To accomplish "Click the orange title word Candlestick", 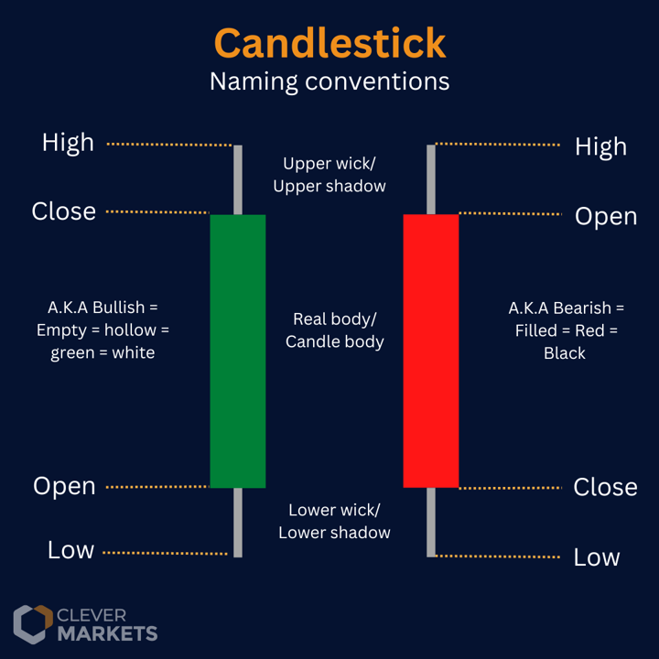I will coord(329,42).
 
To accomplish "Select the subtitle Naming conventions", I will coord(329,81).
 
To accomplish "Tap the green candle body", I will coord(238,351).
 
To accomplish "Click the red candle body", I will coord(431,351).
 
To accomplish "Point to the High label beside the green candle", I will coord(68,142).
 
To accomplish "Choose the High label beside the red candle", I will coord(600,146).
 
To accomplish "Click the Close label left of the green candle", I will coord(63,211).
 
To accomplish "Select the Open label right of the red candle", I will coord(605,216).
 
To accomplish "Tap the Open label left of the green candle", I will coord(64,486).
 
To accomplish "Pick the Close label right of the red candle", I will coord(605,487).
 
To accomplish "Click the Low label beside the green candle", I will coord(70,550).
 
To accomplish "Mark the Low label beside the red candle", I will coord(597,556).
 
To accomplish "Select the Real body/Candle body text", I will coord(334,330).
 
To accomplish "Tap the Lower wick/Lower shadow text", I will coord(334,522).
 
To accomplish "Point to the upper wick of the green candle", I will coord(238,179).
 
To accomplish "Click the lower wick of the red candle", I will coord(431,522).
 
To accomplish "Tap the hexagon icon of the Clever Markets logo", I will coord(32,624).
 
